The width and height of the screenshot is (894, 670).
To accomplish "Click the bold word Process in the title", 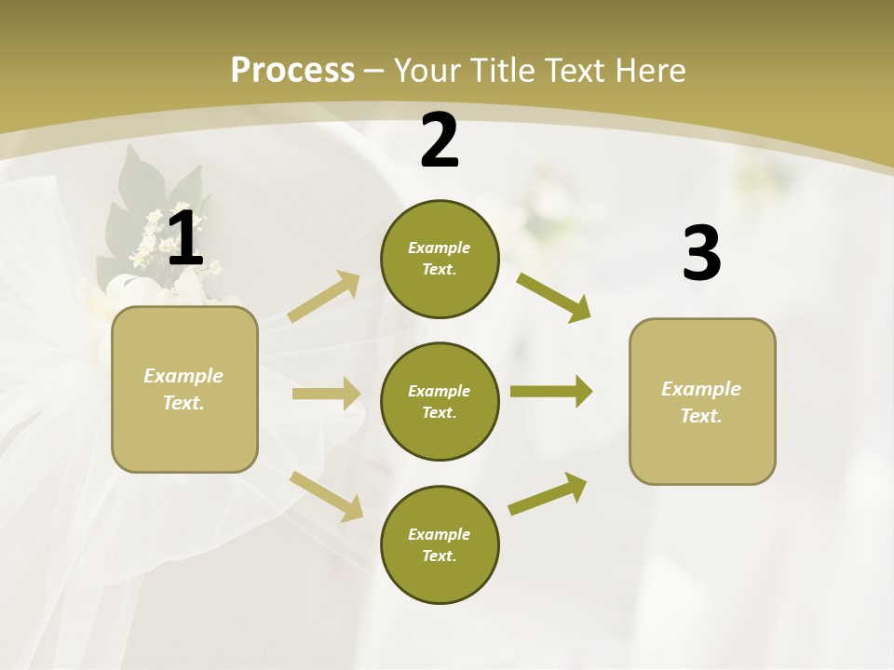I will (x=292, y=71).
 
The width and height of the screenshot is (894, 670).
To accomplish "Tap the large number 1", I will (x=184, y=239).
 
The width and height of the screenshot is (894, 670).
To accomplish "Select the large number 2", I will (x=440, y=141).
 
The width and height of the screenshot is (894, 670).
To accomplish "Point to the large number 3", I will (x=701, y=254).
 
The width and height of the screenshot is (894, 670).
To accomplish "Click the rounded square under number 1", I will (x=184, y=389).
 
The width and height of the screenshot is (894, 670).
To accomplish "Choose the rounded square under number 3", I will (x=702, y=401).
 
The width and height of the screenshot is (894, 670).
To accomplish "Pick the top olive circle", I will (x=440, y=259).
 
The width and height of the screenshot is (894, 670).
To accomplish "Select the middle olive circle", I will (x=440, y=402).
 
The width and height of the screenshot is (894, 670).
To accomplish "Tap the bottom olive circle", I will (x=440, y=545).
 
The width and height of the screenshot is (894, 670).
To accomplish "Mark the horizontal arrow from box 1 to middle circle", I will (x=326, y=394).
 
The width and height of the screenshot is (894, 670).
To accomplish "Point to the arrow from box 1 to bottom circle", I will (x=326, y=495).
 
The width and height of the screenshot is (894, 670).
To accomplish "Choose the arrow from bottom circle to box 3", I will (x=548, y=493).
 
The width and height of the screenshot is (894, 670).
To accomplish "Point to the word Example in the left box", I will (x=183, y=376).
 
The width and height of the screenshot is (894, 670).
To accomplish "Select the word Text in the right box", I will (x=700, y=416).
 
